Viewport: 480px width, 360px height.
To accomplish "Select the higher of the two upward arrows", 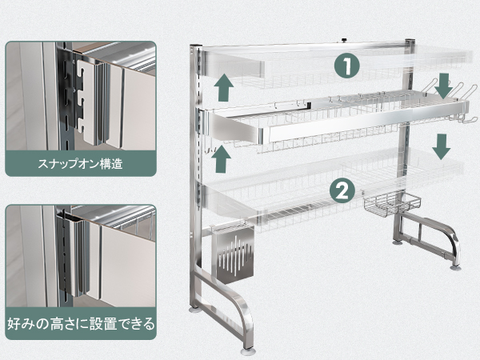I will (x=224, y=84).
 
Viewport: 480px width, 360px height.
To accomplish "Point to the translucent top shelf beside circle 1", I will (x=280, y=64).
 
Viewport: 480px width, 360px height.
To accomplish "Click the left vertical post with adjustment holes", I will (x=194, y=160).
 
